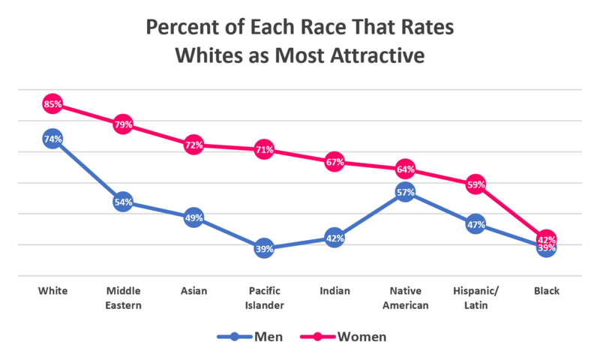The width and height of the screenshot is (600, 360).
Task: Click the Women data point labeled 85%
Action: tap(52, 104)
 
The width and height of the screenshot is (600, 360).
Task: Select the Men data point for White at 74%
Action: tap(52, 139)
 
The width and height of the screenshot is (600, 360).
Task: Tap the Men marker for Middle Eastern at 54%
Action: tap(123, 202)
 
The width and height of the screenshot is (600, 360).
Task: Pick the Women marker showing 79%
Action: tap(123, 124)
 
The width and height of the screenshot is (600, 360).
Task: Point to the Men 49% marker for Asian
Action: tap(193, 218)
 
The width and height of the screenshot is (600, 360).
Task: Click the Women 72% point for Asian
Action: tap(193, 145)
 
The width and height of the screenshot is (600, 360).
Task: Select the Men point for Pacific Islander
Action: tap(264, 248)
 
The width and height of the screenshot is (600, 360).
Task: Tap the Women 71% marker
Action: tap(264, 149)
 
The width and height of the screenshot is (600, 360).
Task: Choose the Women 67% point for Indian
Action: tap(334, 161)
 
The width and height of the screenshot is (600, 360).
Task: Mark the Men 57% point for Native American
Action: tap(405, 193)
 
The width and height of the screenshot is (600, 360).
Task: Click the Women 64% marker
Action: tap(405, 169)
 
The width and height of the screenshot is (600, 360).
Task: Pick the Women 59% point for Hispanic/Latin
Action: tap(475, 184)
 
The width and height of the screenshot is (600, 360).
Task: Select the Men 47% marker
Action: tap(475, 223)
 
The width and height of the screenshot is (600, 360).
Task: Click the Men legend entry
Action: tap(250, 337)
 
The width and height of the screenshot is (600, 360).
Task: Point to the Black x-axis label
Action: tap(546, 291)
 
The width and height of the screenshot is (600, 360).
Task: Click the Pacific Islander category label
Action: tap(264, 298)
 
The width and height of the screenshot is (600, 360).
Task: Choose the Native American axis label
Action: tap(405, 298)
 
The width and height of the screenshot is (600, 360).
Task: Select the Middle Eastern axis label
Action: tap(123, 298)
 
